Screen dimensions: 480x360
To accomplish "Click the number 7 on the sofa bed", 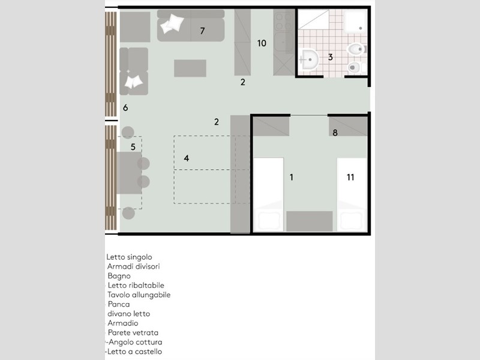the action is point(202,31).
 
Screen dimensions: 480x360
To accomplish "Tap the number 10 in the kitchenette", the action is point(262,43).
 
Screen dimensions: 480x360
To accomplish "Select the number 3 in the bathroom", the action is point(331,57).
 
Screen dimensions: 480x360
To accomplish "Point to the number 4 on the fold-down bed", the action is point(187,158).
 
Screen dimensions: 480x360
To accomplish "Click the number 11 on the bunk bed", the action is point(133,147).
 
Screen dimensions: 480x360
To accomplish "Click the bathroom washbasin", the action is point(309,59).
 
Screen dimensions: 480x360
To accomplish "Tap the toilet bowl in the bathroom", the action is point(355,49).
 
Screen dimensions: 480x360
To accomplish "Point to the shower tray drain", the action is point(361,28).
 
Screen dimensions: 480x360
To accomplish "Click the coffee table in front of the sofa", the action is point(190,68).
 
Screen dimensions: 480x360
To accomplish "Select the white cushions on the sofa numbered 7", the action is point(172,23).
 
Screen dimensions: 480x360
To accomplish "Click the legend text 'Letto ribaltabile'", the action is point(136,286).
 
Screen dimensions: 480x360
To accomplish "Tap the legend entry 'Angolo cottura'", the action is point(136,342).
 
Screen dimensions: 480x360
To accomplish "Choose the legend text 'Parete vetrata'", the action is point(133,332).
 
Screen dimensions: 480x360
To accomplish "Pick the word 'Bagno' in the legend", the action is point(119,276).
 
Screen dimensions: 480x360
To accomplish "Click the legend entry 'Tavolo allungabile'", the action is point(139,295).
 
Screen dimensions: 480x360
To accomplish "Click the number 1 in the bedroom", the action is point(292,177).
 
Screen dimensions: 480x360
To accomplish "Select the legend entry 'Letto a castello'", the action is point(134,352).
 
